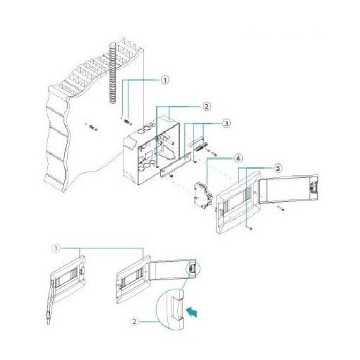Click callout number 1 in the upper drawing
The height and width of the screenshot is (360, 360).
164,80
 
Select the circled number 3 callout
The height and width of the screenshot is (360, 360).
227,124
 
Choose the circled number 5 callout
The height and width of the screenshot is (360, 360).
278,168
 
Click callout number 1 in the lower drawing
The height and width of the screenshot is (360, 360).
57,248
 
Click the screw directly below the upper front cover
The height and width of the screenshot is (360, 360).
249,228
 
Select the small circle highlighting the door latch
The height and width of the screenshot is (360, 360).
192,269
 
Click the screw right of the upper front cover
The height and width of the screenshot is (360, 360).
280,210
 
